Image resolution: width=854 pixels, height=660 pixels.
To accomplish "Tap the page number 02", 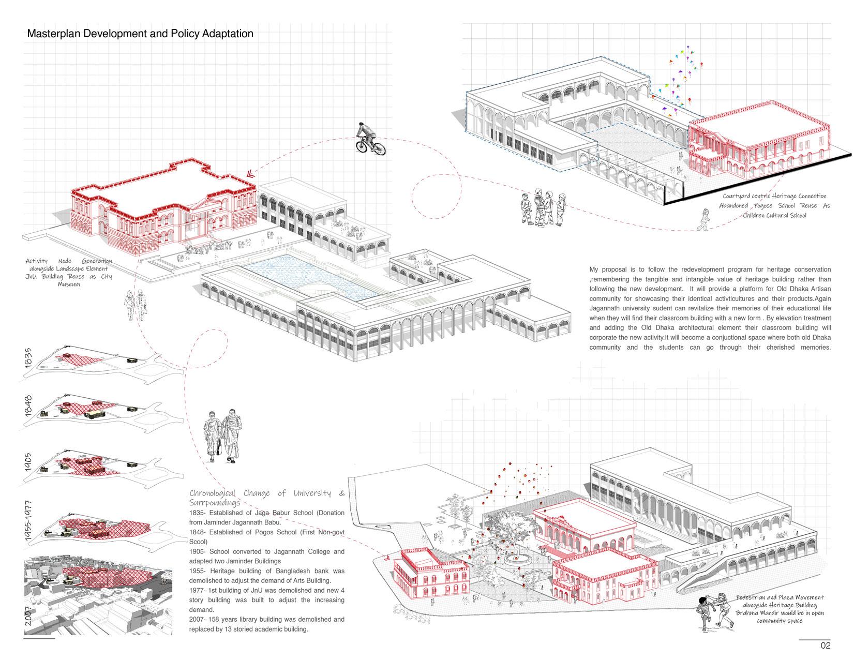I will tap(825, 646).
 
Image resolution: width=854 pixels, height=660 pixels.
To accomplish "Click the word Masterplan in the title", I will tap(51, 34).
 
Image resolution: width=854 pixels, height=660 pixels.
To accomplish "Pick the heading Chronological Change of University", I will tap(267, 493).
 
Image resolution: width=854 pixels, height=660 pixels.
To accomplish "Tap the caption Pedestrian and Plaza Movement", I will tap(780, 598).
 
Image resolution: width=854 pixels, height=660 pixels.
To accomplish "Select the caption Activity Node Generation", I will tap(69, 261).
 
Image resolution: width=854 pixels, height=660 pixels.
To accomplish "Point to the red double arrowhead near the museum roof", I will tap(250, 173).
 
